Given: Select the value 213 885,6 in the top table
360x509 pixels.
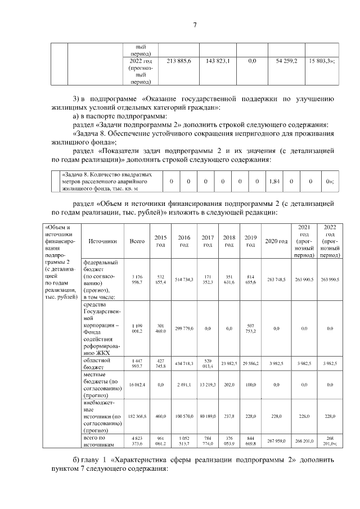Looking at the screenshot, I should [x=176, y=60].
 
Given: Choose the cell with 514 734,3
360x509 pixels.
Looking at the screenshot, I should [x=184, y=280].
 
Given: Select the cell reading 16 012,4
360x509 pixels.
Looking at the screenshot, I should [x=137, y=384].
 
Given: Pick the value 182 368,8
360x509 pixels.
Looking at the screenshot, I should [x=137, y=416].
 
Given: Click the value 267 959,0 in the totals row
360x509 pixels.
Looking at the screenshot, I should [x=276, y=441].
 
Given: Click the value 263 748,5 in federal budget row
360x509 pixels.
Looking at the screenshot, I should [x=276, y=280].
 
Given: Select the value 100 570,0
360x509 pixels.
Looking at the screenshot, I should [x=184, y=416].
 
